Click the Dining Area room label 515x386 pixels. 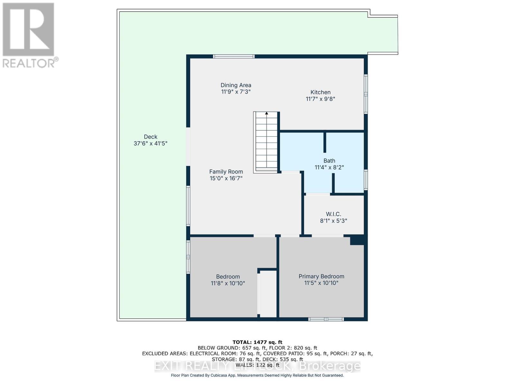coord(236,85)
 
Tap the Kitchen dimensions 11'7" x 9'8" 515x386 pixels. coord(320,99)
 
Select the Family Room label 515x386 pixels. coord(226,172)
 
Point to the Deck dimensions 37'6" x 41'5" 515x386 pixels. coord(150,143)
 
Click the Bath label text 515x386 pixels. coord(329,161)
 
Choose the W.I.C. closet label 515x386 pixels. coord(333,214)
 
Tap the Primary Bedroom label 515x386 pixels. coord(321,276)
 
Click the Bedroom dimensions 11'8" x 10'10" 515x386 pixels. coord(228,283)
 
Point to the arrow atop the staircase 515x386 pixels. coord(267,113)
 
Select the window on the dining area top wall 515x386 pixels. coord(234,57)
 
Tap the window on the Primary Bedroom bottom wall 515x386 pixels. coord(326,319)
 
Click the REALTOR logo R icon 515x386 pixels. coord(28,30)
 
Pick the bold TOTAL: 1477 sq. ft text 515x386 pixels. coord(257,342)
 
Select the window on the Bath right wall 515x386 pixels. coord(366,179)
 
